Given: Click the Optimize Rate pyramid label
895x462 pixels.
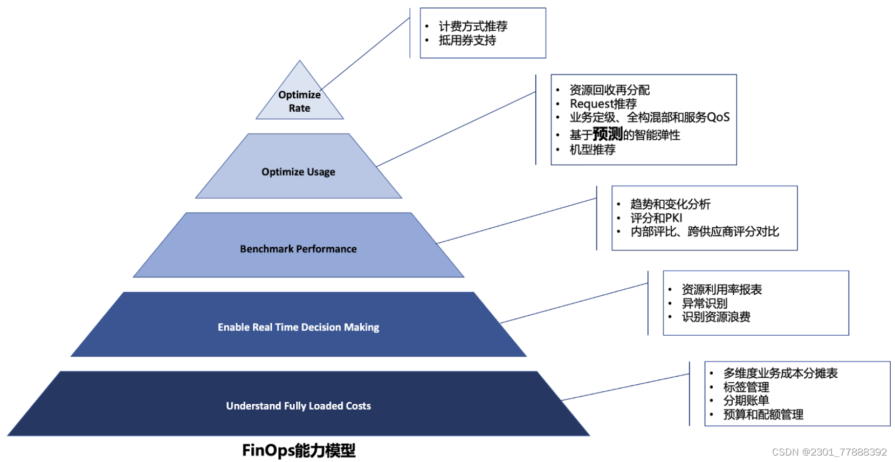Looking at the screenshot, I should point(299,101).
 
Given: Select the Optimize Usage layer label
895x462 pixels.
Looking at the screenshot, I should point(298,172).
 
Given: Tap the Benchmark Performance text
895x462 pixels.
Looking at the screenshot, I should point(298,249).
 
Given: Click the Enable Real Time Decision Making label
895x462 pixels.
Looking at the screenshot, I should point(298,327).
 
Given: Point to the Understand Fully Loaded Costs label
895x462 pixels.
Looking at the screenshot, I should point(298,406).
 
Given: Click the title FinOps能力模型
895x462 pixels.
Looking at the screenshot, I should point(299,450).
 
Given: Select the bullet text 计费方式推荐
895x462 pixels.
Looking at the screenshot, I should point(473,26).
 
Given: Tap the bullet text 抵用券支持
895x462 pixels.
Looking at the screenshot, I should point(467,40).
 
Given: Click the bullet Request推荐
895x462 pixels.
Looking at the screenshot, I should point(603,104).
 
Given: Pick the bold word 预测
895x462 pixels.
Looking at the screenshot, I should point(608,134).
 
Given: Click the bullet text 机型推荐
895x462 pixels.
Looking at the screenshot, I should point(592,150).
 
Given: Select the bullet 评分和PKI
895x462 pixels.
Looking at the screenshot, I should point(656,218).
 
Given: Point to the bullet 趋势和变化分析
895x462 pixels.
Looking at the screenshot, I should point(670,204).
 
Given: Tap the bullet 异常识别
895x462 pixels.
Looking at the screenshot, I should point(704,303).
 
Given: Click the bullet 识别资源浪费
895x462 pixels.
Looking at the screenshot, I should point(716,317).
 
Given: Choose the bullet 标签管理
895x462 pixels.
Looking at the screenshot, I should point(746,387).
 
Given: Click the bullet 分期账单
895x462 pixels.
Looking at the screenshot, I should point(746,400).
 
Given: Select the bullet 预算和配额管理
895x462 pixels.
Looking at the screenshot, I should point(763,415).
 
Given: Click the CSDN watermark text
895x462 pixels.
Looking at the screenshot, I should point(829,452).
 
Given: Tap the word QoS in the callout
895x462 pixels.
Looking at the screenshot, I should point(718,118).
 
